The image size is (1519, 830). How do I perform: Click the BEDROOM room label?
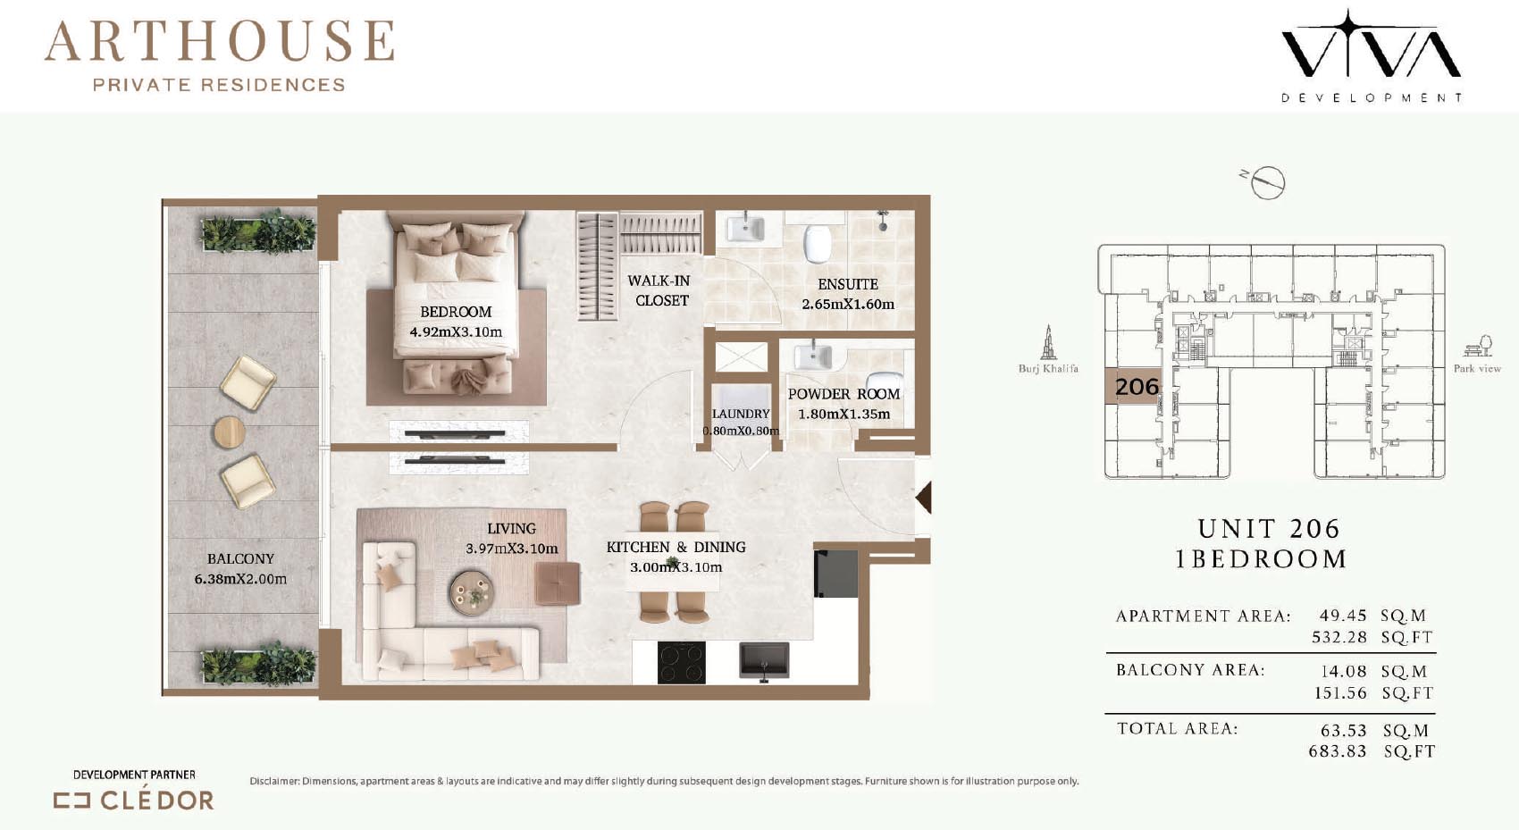[456, 312]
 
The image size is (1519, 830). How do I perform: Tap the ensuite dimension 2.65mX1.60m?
[848, 305]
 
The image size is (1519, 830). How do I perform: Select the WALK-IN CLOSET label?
[660, 290]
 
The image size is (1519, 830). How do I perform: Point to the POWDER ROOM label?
[843, 394]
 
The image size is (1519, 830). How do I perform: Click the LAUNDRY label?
[741, 414]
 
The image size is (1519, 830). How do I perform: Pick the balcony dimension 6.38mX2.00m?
[240, 579]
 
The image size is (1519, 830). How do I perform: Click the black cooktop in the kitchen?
[682, 663]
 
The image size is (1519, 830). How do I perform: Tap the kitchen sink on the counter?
[764, 660]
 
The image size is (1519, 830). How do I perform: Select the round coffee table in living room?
[471, 592]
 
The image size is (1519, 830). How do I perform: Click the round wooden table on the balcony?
[230, 432]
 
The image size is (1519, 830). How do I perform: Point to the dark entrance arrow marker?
[924, 497]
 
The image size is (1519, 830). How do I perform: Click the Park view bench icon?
[1478, 346]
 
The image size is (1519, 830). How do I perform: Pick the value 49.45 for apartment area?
[1343, 616]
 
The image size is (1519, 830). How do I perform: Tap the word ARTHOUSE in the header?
[220, 41]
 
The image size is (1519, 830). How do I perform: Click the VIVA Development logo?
[1371, 55]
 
